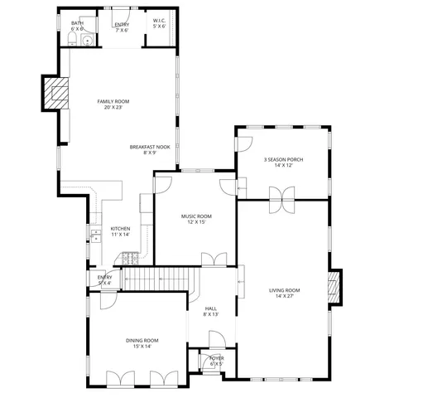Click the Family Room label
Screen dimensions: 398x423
[x=117, y=104]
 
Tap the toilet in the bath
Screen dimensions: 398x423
[x=72, y=41]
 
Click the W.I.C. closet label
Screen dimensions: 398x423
[x=159, y=23]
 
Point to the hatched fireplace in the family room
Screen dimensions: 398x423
[x=57, y=92]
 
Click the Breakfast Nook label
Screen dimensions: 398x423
[x=143, y=149]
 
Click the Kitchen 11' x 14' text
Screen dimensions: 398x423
[x=121, y=231]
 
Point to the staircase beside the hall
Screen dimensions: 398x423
[x=161, y=279]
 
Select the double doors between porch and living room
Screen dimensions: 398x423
[x=282, y=194]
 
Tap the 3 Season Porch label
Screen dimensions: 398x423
[x=284, y=162]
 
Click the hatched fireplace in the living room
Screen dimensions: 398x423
[x=334, y=287]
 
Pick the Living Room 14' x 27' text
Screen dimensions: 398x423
[x=284, y=293]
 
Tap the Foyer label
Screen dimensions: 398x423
[x=215, y=361]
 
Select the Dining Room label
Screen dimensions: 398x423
[x=142, y=343]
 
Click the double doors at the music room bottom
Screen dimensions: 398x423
[x=214, y=260]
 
